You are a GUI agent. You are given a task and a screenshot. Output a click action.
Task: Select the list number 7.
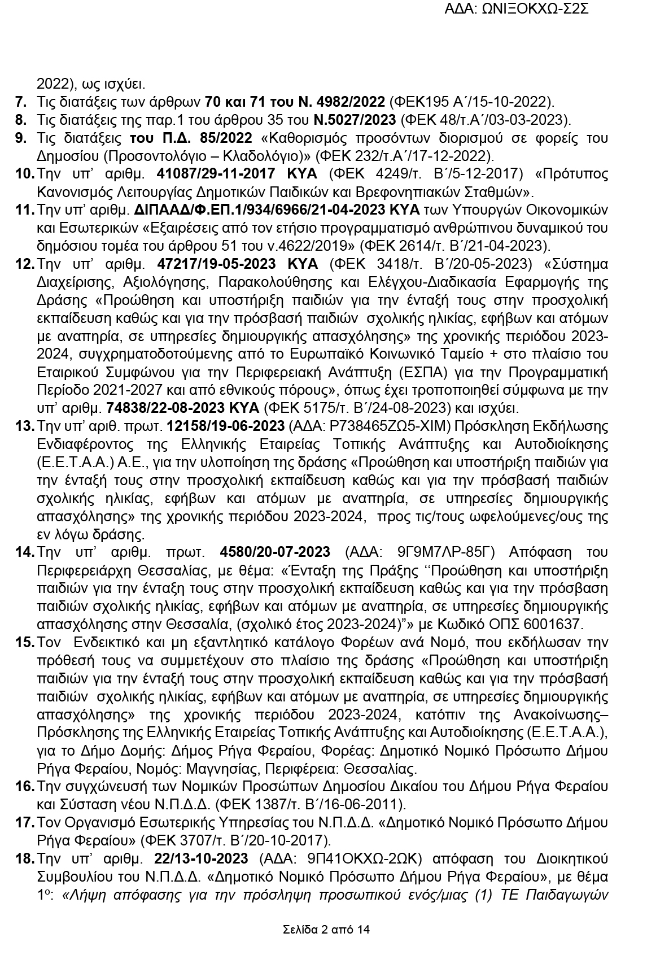click(x=21, y=102)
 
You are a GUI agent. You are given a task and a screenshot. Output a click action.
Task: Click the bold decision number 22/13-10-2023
click(x=201, y=858)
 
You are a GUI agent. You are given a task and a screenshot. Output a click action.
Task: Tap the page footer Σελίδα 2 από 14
click(x=326, y=930)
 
